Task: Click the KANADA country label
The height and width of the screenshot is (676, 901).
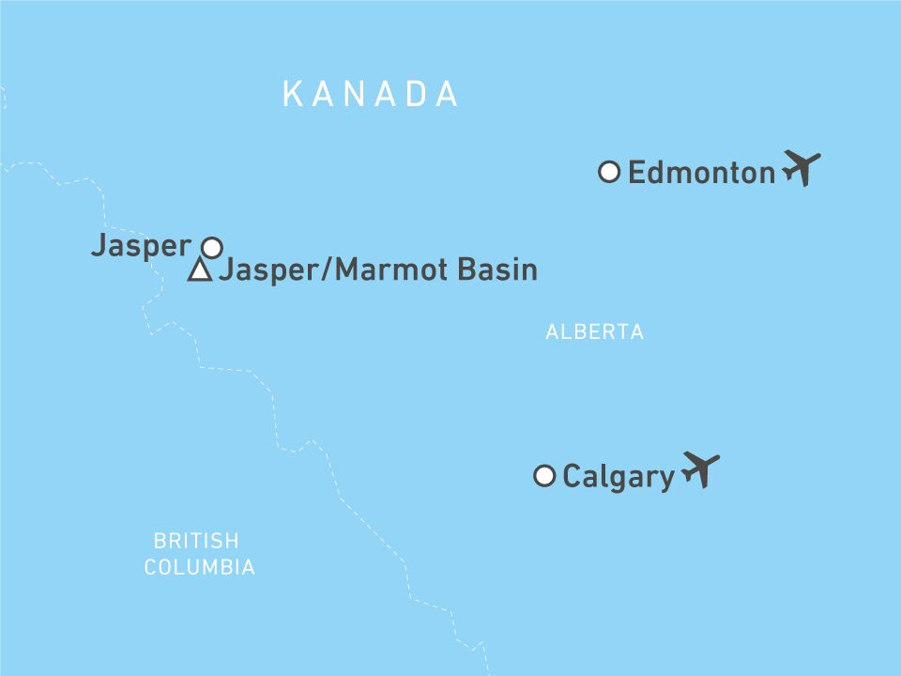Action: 371,94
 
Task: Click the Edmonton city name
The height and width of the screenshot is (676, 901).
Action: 701,173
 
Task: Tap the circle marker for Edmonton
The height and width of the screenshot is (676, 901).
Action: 609,172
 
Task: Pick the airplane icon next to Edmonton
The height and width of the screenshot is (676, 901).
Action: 801,169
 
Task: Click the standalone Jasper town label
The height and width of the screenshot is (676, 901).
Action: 141,246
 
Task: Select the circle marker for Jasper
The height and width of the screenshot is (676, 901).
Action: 212,248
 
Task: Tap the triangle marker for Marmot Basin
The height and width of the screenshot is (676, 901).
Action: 199,272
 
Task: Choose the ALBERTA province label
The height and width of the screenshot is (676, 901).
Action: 594,331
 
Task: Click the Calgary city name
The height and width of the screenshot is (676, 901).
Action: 618,477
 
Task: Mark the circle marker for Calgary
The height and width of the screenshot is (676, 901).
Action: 543,476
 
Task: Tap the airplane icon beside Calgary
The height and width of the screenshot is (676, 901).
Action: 700,469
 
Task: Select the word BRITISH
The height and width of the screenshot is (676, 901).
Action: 196,541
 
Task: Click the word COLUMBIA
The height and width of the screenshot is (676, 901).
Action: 199,567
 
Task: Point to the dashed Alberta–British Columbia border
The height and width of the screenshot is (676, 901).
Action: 274,413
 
